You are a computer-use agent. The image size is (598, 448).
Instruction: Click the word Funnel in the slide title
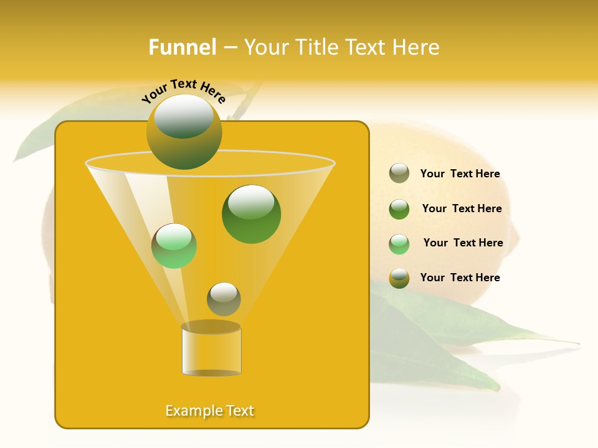(182, 47)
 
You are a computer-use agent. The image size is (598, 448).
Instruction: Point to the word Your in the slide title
(266, 47)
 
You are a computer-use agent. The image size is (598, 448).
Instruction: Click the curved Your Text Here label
(183, 90)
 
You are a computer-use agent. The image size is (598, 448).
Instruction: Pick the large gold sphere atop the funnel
(184, 132)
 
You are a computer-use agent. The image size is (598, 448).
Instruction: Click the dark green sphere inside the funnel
(252, 214)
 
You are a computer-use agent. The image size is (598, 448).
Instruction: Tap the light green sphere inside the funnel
(174, 246)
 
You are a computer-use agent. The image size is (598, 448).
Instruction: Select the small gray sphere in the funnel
(224, 299)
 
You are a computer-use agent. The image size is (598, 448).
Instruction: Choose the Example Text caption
(210, 411)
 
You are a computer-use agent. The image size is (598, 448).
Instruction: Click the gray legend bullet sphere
(399, 173)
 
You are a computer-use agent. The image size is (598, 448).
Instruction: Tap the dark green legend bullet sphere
(399, 209)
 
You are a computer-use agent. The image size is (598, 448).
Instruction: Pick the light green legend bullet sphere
(399, 244)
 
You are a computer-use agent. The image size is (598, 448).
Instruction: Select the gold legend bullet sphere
(399, 278)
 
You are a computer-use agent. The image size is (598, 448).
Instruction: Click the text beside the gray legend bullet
(460, 174)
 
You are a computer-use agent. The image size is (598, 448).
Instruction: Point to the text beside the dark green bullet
(462, 208)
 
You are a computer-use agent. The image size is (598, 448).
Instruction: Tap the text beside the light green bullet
(463, 243)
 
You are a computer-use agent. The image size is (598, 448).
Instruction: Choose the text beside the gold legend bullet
(460, 278)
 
